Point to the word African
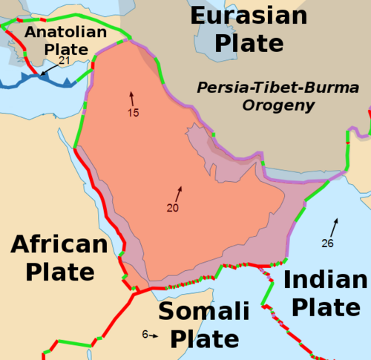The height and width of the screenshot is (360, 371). click(59, 245)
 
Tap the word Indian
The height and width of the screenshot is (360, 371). click(325, 281)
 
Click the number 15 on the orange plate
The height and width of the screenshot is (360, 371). click(134, 113)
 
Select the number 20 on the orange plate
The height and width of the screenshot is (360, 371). click(172, 208)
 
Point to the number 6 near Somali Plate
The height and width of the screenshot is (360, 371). click(145, 335)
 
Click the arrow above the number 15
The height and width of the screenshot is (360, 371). click(133, 97)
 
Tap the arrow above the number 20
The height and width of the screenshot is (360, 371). click(178, 193)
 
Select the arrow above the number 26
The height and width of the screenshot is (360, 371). click(335, 225)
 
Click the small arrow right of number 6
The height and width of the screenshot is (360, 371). click(154, 336)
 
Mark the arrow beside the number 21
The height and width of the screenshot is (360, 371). click(46, 70)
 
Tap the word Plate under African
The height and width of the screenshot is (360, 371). click(60, 272)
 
